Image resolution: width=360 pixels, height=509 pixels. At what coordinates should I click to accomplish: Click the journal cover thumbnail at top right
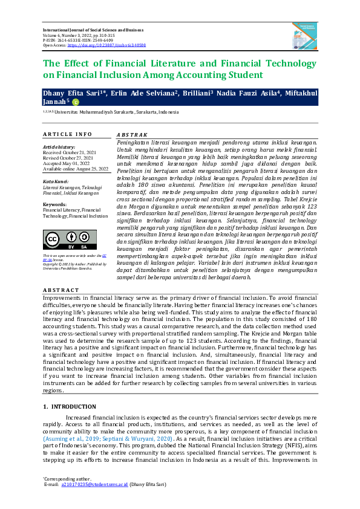pos(305,34)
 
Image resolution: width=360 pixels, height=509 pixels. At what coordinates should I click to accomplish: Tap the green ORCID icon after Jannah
pos(75,102)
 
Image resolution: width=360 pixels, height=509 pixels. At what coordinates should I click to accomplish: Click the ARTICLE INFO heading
pos(67,134)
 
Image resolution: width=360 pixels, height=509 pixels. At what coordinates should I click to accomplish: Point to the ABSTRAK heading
pos(131,134)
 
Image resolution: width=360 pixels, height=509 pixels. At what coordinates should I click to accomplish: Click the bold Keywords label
pos(54,204)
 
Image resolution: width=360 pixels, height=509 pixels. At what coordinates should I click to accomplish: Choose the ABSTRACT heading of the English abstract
pos(61,290)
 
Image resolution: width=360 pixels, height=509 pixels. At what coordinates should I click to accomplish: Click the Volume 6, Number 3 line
pos(79,35)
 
